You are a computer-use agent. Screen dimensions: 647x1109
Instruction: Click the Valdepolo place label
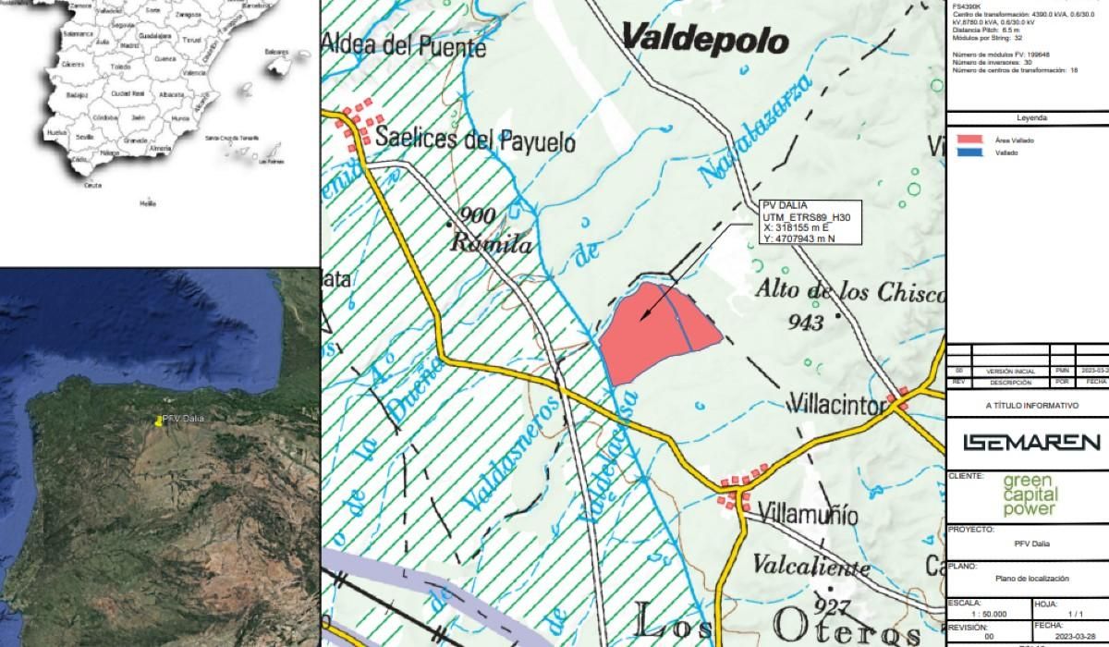(x=705, y=40)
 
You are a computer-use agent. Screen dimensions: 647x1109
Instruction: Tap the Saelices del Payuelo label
(x=476, y=142)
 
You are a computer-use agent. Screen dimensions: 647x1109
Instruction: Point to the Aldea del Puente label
(x=404, y=45)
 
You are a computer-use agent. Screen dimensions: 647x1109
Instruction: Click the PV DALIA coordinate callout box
(x=810, y=223)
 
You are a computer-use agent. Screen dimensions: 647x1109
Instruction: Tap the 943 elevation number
(x=807, y=323)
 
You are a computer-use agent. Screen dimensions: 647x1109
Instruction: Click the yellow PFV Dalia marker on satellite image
(x=159, y=421)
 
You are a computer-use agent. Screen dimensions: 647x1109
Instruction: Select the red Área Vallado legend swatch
(x=969, y=140)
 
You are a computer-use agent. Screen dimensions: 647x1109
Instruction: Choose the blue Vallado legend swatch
(x=969, y=153)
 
